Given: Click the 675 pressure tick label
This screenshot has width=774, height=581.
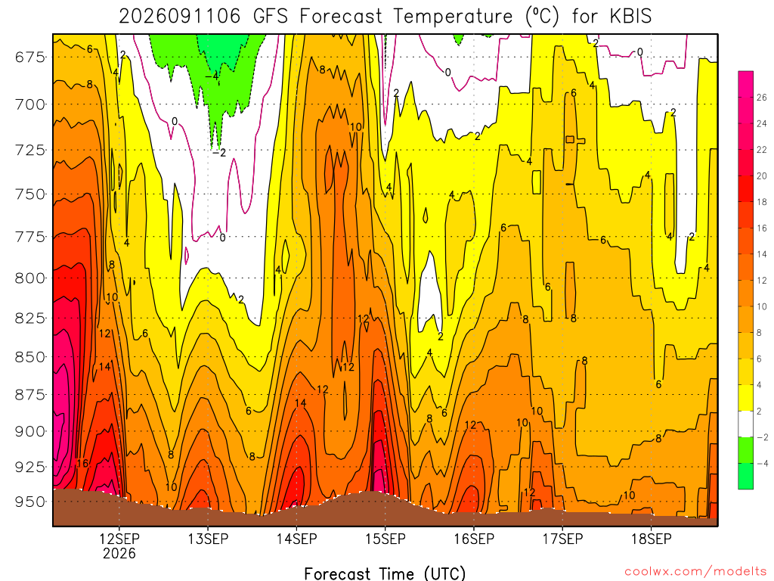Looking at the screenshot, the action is [29, 57].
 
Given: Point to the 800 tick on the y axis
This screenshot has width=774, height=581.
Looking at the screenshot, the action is [29, 278].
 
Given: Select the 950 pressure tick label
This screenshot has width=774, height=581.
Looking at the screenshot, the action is [29, 502].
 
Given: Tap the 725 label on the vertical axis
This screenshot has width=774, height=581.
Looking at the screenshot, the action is [29, 151].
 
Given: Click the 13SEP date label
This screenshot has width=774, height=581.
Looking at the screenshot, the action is [208, 539].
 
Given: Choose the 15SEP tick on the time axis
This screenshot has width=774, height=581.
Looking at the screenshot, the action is [385, 539].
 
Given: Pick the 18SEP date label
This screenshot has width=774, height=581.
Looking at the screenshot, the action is [651, 539].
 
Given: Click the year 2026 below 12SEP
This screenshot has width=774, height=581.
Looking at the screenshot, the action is [119, 553].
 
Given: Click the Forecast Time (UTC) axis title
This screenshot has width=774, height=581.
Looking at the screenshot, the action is [385, 573].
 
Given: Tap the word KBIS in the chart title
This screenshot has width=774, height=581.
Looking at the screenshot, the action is [630, 17].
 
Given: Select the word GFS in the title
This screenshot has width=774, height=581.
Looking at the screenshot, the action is [270, 17].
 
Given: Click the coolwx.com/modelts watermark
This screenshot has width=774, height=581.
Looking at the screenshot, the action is [695, 572].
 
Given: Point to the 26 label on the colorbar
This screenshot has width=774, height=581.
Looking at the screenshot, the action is [761, 98].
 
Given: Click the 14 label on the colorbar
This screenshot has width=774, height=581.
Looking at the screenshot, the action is [761, 254].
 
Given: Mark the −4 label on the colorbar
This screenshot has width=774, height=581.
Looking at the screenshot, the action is [762, 464].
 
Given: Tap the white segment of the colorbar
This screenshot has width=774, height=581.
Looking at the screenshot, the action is [745, 424].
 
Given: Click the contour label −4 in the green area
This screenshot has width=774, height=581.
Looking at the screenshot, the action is [212, 76].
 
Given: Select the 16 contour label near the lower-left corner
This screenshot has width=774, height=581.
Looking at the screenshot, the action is [82, 464].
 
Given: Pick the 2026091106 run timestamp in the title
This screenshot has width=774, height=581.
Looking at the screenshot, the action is [180, 17].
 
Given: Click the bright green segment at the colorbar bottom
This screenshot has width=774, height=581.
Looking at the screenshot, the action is [745, 477].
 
